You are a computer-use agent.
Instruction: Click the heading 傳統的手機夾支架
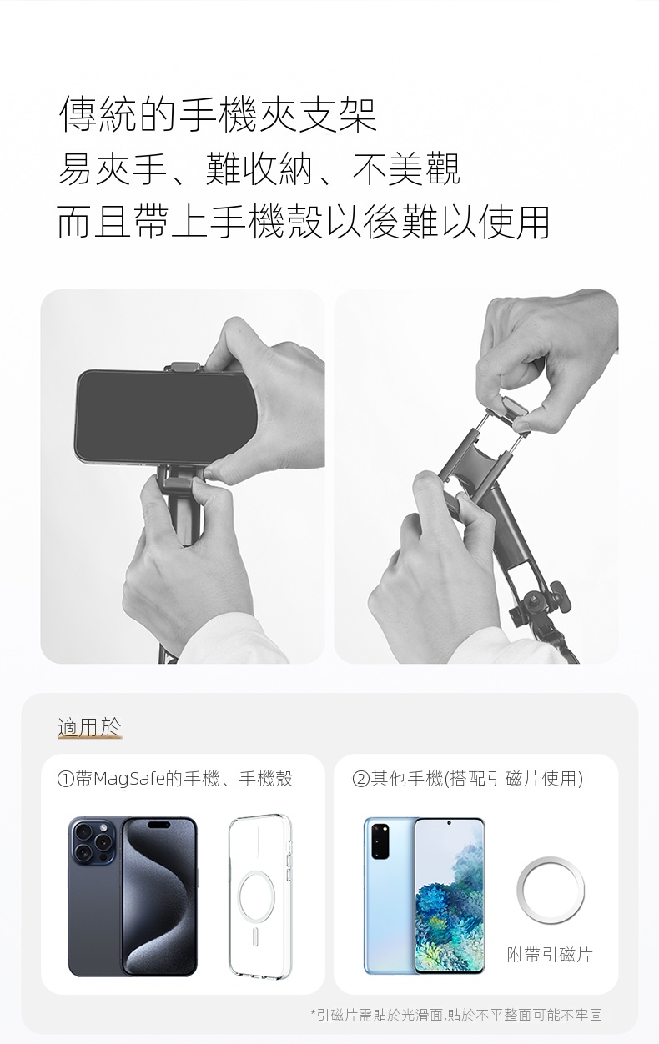219,114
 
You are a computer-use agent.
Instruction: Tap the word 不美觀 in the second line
406,168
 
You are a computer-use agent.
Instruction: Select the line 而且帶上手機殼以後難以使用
303,222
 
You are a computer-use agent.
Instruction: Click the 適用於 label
89,727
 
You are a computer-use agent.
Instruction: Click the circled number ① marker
65,779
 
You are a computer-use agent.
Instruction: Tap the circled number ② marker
360,779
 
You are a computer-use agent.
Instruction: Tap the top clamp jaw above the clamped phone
186,366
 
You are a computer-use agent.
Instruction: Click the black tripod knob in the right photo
558,596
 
